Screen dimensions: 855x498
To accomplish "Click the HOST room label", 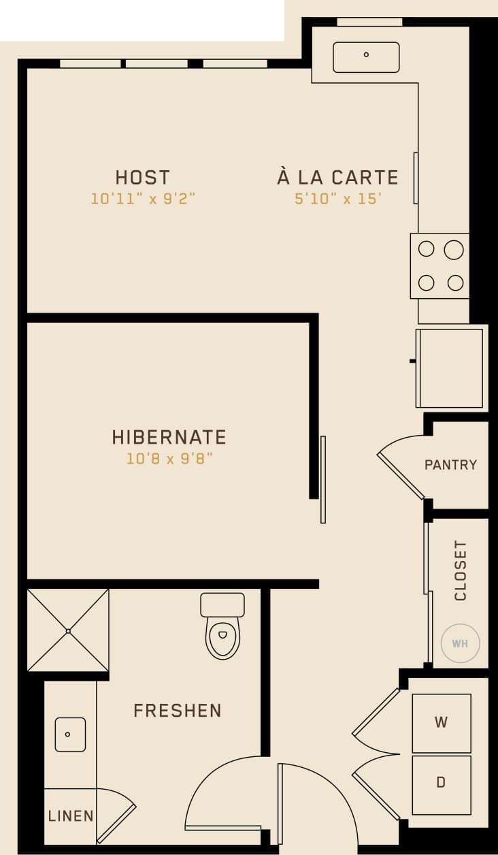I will click(142, 178).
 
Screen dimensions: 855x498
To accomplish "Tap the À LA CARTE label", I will click(337, 178).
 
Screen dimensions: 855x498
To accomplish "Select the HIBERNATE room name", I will click(169, 437).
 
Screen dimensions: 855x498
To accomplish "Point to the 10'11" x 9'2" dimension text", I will click(143, 199).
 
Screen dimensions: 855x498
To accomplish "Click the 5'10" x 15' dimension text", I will click(337, 200).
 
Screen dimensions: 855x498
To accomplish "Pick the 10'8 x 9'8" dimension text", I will click(169, 459).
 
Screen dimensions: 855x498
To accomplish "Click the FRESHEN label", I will click(178, 711).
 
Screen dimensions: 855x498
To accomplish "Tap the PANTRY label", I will click(450, 465).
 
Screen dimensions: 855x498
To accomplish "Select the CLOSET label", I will click(461, 570).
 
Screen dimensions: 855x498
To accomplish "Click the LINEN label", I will click(71, 816).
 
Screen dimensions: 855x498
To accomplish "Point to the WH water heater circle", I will click(460, 643).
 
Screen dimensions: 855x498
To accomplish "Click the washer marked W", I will click(441, 723).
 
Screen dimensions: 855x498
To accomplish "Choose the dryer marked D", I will click(441, 784).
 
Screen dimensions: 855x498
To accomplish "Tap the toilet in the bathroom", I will click(222, 628).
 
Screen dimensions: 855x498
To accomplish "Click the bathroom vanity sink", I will click(69, 735).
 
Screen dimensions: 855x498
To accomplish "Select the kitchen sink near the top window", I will click(366, 57).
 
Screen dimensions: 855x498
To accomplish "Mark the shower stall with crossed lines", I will click(68, 630).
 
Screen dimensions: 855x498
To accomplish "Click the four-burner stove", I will click(440, 266).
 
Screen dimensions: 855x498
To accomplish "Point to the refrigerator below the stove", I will click(450, 368).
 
